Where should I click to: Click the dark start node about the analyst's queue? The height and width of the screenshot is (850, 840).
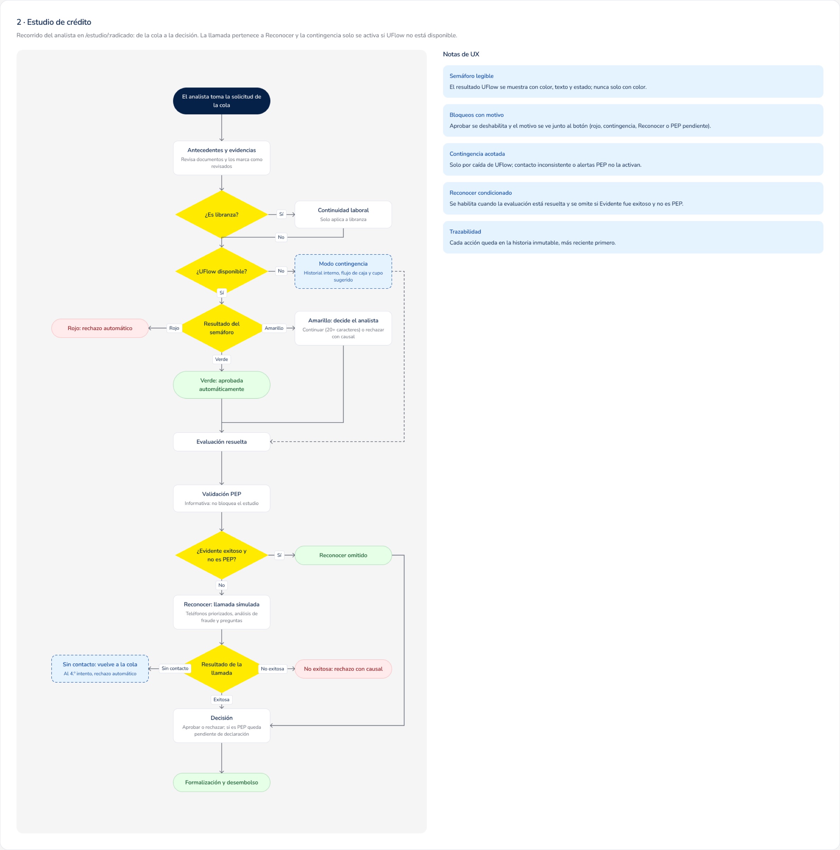pyautogui.click(x=221, y=101)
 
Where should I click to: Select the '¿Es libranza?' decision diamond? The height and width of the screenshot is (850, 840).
pyautogui.click(x=221, y=214)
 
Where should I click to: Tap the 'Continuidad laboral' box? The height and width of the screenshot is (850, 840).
pyautogui.click(x=343, y=214)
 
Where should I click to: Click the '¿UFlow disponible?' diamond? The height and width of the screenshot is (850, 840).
pyautogui.click(x=221, y=271)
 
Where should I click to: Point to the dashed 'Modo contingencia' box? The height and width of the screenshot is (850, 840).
pyautogui.click(x=343, y=271)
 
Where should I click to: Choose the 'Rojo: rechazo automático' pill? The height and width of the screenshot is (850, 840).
pyautogui.click(x=100, y=328)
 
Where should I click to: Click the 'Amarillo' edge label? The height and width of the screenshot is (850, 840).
pyautogui.click(x=274, y=328)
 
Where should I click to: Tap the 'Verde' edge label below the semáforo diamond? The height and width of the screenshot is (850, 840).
pyautogui.click(x=221, y=359)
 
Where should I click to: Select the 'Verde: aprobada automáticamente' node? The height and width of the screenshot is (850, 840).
pyautogui.click(x=221, y=385)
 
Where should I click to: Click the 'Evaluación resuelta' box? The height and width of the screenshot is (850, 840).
pyautogui.click(x=221, y=442)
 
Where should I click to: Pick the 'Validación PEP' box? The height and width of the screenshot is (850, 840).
pyautogui.click(x=221, y=498)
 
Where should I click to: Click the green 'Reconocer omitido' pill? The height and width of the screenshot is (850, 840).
pyautogui.click(x=343, y=555)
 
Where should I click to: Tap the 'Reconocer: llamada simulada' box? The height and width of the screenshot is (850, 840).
pyautogui.click(x=221, y=612)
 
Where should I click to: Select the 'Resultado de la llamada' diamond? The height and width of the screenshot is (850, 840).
pyautogui.click(x=221, y=669)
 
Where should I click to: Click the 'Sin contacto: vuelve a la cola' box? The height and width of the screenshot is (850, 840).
pyautogui.click(x=100, y=669)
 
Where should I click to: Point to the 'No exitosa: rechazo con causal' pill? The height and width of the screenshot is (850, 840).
pyautogui.click(x=343, y=669)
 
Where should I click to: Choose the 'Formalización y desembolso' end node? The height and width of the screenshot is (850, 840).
pyautogui.click(x=221, y=782)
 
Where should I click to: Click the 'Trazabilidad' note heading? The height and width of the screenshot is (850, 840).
pyautogui.click(x=465, y=231)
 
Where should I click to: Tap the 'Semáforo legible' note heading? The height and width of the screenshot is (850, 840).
pyautogui.click(x=471, y=76)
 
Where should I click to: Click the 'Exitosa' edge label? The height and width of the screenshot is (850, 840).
pyautogui.click(x=221, y=699)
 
